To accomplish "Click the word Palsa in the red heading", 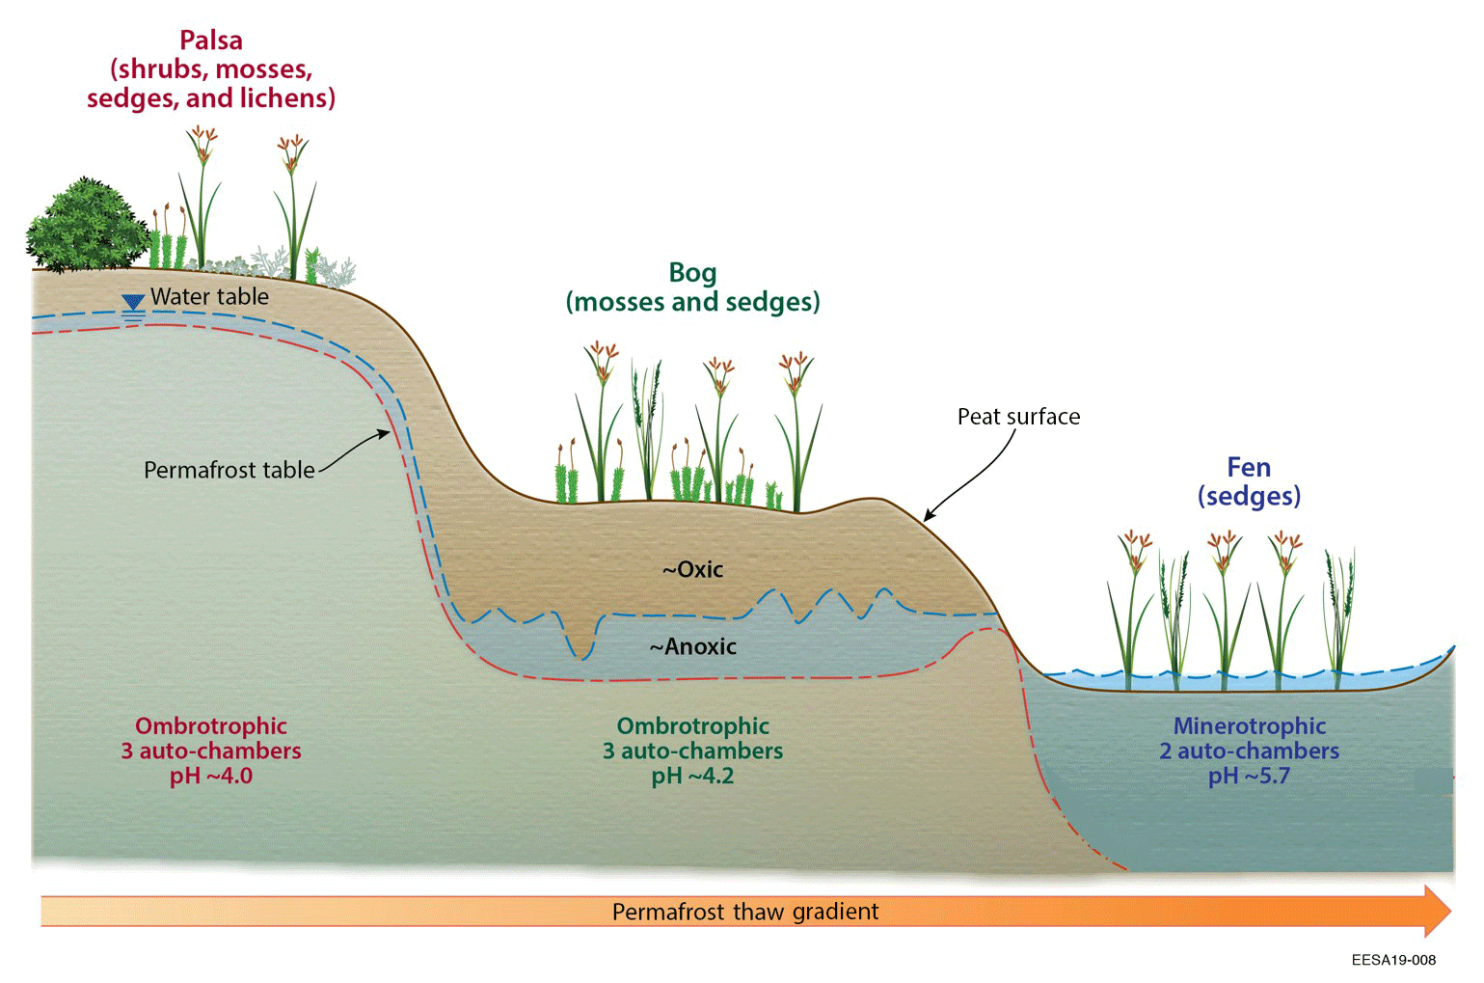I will click(x=210, y=41).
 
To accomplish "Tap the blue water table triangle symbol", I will click(x=133, y=303).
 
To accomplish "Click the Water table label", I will click(x=209, y=296).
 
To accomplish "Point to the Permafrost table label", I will click(x=229, y=470).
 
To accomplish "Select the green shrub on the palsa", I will click(x=86, y=227).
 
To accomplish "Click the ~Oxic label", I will click(x=692, y=569).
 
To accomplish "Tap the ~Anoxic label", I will click(x=692, y=646).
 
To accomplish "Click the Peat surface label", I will click(x=1018, y=417).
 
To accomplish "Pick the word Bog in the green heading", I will click(x=692, y=273).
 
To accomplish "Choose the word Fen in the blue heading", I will click(x=1249, y=468).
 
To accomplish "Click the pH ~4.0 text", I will click(x=211, y=777).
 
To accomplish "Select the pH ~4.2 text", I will click(x=692, y=777).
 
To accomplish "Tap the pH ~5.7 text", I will click(x=1249, y=777).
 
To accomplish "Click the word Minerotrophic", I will click(x=1249, y=725).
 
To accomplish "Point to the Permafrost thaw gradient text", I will click(x=745, y=912).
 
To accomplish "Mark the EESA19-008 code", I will click(x=1393, y=960).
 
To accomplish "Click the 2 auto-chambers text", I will click(x=1249, y=751).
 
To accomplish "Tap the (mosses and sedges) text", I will click(x=692, y=302).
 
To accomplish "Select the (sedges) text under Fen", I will click(x=1249, y=496).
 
